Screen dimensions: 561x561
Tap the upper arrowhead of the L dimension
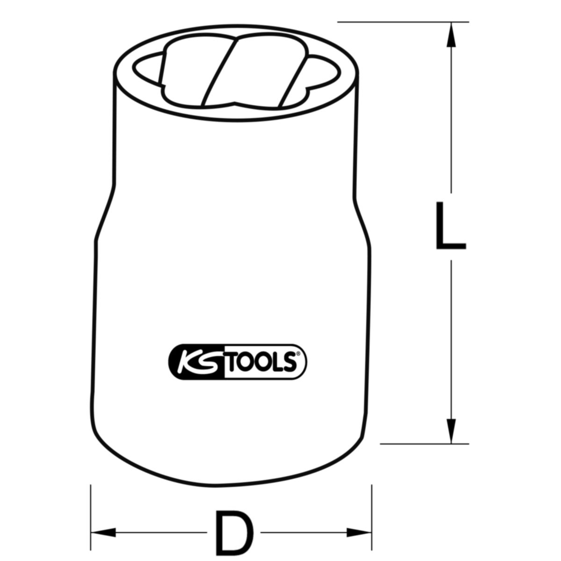451,34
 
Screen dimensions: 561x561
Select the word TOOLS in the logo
259,362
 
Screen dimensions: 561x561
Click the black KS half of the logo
197,362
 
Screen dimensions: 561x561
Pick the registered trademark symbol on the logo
298,354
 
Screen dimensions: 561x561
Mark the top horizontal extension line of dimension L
403,22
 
